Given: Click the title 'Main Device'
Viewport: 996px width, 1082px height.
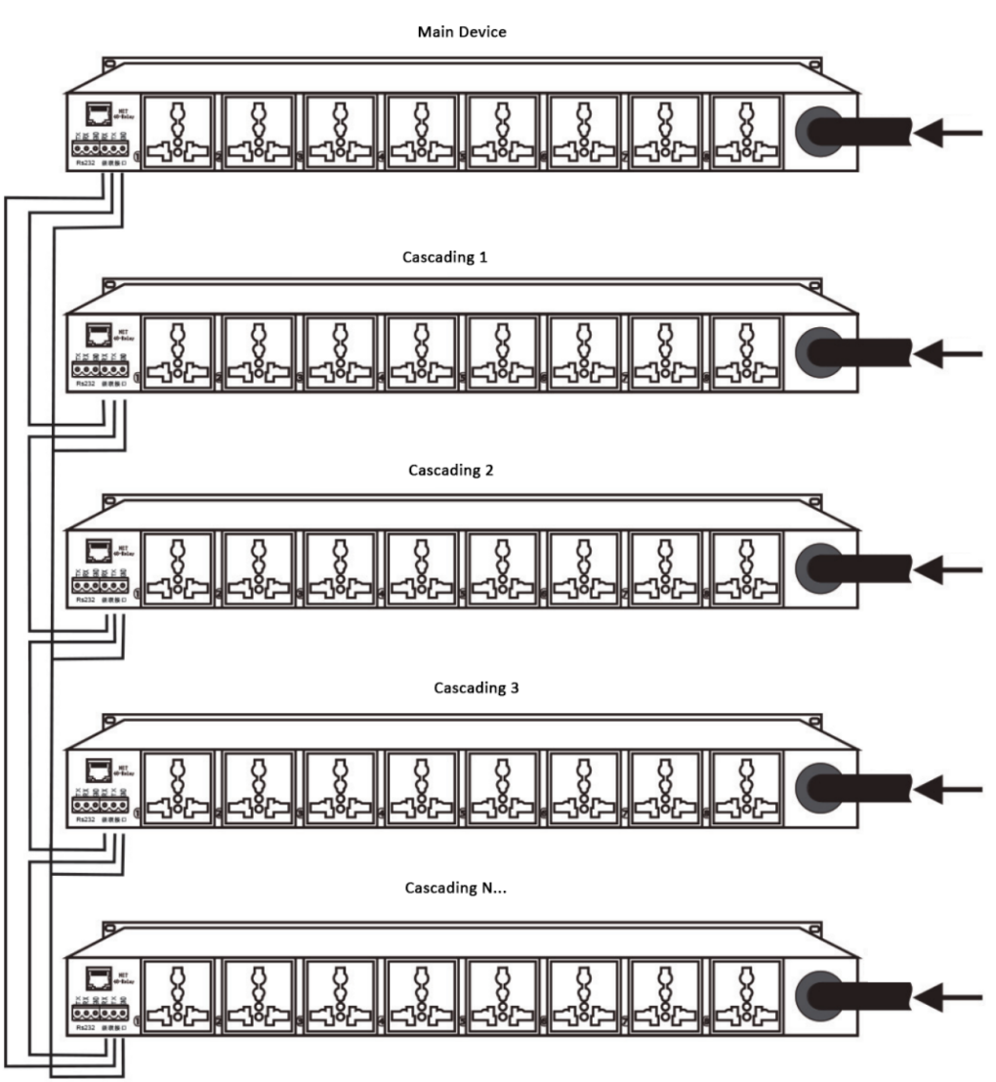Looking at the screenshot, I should [462, 32].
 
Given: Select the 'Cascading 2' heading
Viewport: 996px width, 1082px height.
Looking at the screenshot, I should [452, 470].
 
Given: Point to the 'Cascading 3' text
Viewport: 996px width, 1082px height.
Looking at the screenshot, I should [477, 687].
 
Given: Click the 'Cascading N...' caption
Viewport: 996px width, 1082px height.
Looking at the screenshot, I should [454, 889].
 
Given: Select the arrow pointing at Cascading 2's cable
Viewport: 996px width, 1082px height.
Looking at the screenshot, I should [951, 566].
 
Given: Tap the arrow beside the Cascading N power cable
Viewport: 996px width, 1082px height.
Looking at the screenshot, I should [951, 997].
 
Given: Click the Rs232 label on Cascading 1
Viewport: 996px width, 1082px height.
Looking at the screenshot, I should [84, 384].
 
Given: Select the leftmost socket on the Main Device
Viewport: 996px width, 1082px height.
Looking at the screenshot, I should [177, 132].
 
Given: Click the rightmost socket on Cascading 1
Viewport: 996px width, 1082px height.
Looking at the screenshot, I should [747, 351].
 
